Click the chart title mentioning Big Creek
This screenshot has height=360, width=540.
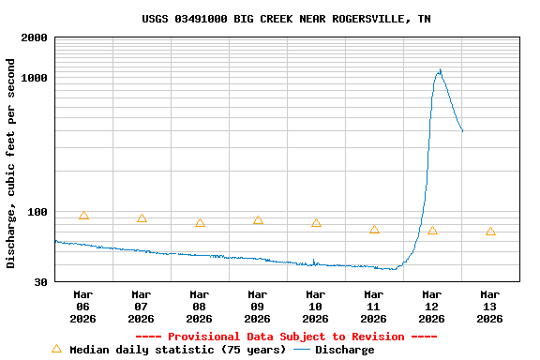(287, 19)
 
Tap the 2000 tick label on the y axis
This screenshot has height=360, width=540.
(35, 38)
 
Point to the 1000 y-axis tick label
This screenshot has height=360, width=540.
(35, 78)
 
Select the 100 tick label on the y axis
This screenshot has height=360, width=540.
(37, 212)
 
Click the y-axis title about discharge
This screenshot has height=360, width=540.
(11, 163)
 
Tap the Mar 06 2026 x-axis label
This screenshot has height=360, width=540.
(82, 307)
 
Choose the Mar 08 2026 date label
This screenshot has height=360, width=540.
(199, 307)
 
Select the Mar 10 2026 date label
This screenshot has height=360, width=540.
(315, 307)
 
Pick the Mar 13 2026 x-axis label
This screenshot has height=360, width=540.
(489, 307)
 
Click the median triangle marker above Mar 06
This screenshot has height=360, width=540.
(83, 216)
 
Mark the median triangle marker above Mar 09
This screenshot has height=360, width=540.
(258, 220)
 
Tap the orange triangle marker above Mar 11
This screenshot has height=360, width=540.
(374, 230)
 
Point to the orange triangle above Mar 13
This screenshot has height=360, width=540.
(490, 232)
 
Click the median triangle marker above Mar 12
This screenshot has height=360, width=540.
(432, 231)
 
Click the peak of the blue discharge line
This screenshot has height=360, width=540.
(439, 70)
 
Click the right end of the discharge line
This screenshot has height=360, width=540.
(462, 131)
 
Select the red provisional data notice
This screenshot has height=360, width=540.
(286, 337)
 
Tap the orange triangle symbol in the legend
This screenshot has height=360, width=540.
(56, 349)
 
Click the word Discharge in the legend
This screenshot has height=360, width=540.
(344, 350)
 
